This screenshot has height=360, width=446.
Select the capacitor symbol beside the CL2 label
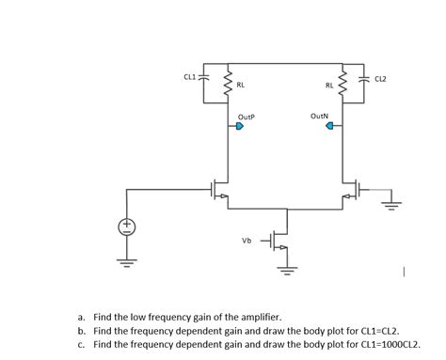pyautogui.click(x=364, y=78)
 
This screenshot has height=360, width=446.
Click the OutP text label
pyautogui.click(x=247, y=118)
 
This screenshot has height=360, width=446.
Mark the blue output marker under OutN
pyautogui.click(x=329, y=130)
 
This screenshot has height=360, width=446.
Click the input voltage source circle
pyautogui.click(x=127, y=227)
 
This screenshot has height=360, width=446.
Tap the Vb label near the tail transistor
pyautogui.click(x=247, y=241)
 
